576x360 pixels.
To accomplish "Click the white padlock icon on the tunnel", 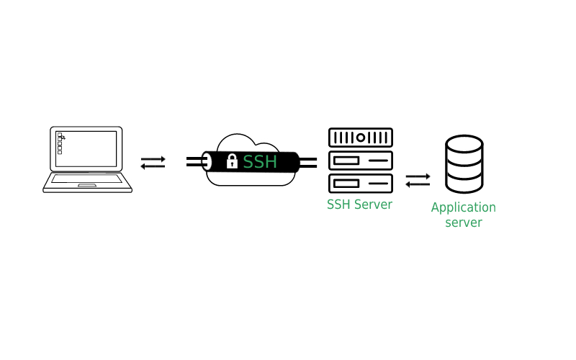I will point(232,161).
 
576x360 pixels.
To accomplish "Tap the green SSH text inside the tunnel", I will point(260,162).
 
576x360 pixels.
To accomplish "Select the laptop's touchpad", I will point(87,185).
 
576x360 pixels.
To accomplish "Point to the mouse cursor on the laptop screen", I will point(63,137).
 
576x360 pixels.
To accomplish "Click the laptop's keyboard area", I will point(87,178).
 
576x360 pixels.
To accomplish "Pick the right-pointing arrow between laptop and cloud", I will point(153,158).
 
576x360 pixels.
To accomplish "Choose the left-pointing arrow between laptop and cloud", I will point(153,166).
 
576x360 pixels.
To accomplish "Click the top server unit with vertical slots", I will point(360,137).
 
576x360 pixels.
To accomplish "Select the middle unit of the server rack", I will point(360,159).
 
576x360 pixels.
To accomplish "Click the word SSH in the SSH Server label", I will point(338,204).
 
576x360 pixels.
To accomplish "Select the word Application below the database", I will point(463,208).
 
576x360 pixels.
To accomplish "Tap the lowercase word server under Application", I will point(463,222).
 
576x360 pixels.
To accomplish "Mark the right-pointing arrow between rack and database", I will point(418,176).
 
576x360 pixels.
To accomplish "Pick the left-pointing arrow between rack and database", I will point(418,184).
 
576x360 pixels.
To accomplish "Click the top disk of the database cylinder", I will point(464,144).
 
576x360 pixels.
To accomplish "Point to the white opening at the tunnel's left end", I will point(207,161).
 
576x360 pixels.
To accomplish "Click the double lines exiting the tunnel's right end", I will point(309,161).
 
